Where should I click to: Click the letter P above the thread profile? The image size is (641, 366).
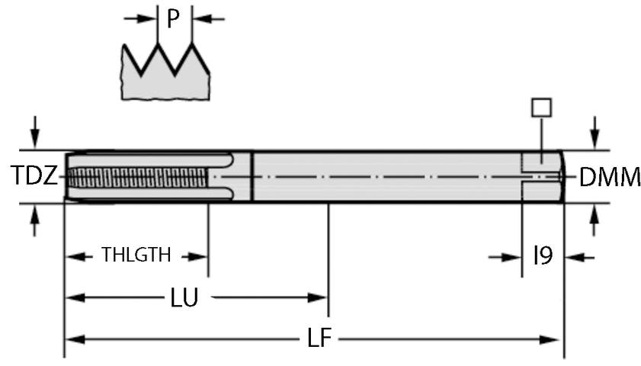click(175, 19)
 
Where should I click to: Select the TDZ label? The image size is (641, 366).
click(34, 177)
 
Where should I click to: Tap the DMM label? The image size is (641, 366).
click(610, 178)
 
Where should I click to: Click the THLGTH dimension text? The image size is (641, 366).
click(136, 255)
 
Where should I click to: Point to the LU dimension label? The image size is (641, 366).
click(184, 298)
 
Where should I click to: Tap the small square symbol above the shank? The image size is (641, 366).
click(541, 108)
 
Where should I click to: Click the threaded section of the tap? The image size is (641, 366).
click(137, 177)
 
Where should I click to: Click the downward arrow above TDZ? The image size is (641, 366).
click(34, 134)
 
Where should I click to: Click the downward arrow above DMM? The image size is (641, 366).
click(595, 134)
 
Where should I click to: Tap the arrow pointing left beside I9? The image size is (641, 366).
click(577, 257)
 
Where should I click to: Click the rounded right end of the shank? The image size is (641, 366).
click(562, 177)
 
